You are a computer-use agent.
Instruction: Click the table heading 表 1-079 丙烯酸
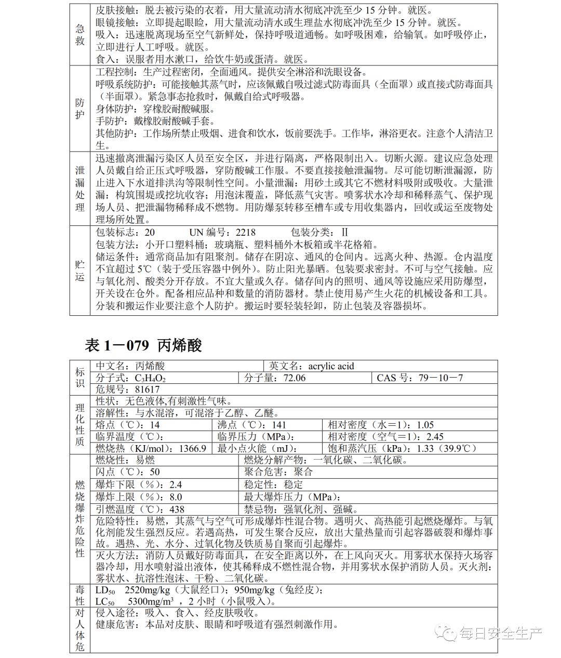(143, 345)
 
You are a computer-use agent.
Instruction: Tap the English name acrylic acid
(330, 366)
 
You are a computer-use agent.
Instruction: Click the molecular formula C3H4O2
(150, 378)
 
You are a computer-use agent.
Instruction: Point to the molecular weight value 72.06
(295, 378)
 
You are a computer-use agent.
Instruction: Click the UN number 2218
(246, 233)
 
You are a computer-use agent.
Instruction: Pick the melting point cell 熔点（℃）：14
(128, 425)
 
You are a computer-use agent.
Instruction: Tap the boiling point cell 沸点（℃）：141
(252, 425)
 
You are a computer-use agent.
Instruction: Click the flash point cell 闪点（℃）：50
(128, 472)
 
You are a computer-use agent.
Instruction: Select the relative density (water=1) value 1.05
(425, 425)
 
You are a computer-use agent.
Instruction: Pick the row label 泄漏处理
(80, 189)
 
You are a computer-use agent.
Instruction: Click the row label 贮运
(80, 270)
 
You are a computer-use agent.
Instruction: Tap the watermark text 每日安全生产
(500, 633)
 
